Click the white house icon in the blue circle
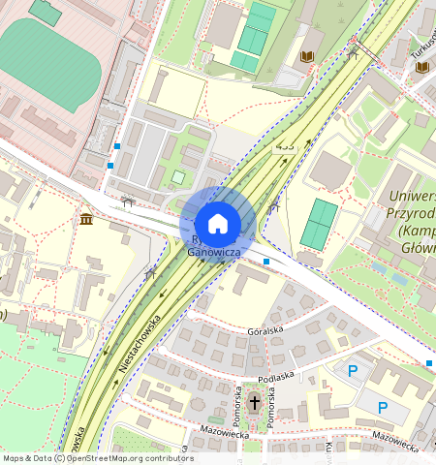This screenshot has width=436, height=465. (x=218, y=224)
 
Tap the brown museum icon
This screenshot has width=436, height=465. (x=87, y=219)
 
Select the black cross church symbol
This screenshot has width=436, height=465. (x=255, y=401)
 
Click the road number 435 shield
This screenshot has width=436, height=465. (x=284, y=146)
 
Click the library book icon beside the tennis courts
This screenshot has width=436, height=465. (x=307, y=57)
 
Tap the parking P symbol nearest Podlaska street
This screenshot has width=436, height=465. (x=353, y=370)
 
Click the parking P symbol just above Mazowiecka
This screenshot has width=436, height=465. (x=383, y=408)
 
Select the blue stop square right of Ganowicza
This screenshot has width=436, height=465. (x=266, y=261)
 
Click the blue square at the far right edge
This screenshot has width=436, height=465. (x=429, y=362)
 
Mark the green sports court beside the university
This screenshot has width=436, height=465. (x=319, y=224)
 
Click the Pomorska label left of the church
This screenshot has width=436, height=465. (x=236, y=404)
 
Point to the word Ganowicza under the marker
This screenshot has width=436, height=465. (x=214, y=252)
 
